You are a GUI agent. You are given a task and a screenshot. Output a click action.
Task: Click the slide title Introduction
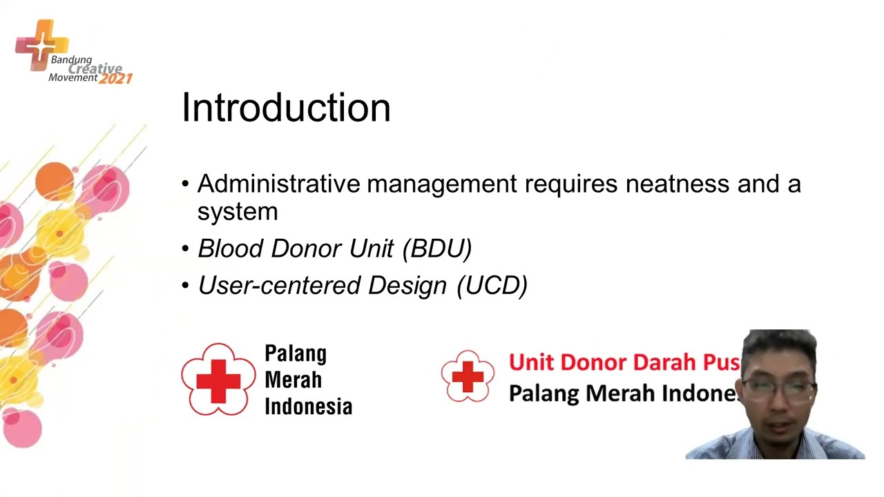click(x=286, y=108)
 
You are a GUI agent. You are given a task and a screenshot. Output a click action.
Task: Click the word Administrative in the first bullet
click(x=278, y=184)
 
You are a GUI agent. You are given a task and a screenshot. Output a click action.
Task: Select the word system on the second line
click(x=238, y=212)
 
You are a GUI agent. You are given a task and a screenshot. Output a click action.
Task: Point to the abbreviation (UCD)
click(x=492, y=286)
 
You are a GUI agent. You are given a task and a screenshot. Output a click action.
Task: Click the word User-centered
click(x=279, y=286)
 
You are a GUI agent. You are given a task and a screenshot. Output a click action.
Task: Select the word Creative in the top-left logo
click(x=95, y=68)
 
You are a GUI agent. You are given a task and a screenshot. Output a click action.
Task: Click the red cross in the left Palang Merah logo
click(x=218, y=380)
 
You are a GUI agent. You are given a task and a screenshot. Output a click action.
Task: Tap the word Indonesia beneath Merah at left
click(x=308, y=407)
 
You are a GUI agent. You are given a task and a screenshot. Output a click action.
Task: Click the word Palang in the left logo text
click(x=296, y=354)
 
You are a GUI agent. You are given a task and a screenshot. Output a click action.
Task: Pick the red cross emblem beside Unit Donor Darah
click(x=468, y=377)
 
